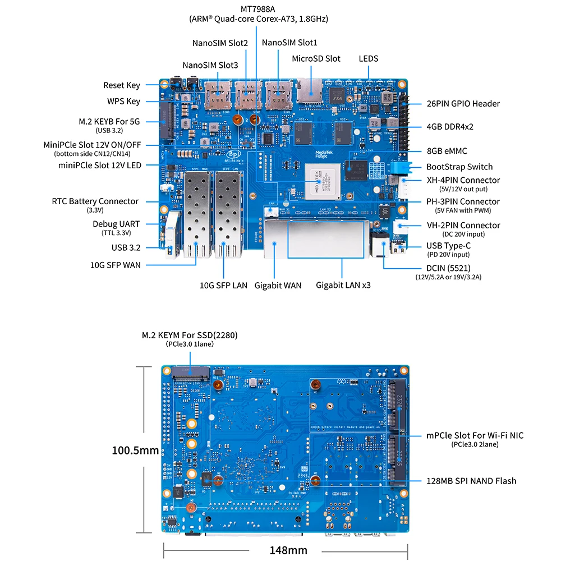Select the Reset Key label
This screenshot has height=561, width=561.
121,85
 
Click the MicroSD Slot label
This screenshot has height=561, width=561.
316,58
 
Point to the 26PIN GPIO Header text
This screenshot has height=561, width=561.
462,103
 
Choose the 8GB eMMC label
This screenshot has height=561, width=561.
446,151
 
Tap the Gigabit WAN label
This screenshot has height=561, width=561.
278,285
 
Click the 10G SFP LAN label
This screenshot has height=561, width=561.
223,285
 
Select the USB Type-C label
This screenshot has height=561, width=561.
448,246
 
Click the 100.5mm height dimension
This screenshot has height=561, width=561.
135,450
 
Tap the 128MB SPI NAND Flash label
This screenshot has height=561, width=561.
471,481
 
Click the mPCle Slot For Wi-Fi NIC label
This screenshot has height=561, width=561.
475,435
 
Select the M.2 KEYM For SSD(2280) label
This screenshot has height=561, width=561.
190,335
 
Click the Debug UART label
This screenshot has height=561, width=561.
117,224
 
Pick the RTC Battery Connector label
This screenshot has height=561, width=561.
95,201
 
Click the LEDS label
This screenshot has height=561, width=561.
369,58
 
